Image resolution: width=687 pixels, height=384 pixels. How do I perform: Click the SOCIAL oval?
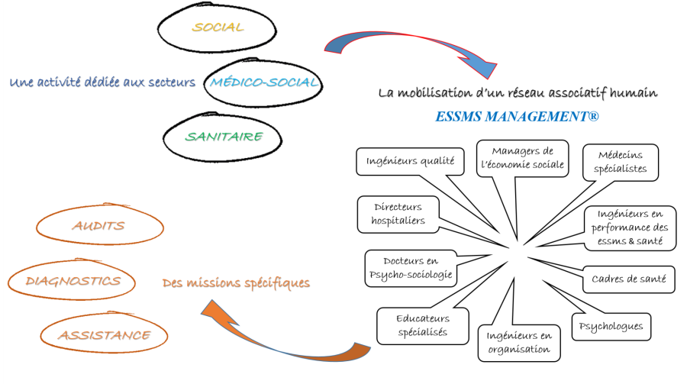[x=218, y=28]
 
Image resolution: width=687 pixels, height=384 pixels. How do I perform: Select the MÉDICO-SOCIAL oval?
[x=263, y=82]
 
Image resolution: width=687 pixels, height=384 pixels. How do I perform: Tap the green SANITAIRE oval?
[x=224, y=137]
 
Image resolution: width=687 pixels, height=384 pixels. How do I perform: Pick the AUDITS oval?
[x=98, y=226]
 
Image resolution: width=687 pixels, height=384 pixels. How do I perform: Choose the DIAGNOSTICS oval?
[x=73, y=281]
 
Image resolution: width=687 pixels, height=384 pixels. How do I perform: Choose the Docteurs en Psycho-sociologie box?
[x=411, y=266]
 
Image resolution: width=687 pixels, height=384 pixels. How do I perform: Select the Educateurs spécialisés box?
[x=422, y=324]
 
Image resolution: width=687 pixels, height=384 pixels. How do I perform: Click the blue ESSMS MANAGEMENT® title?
[x=517, y=116]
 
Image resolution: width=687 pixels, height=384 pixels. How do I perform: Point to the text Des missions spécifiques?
[x=236, y=283]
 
